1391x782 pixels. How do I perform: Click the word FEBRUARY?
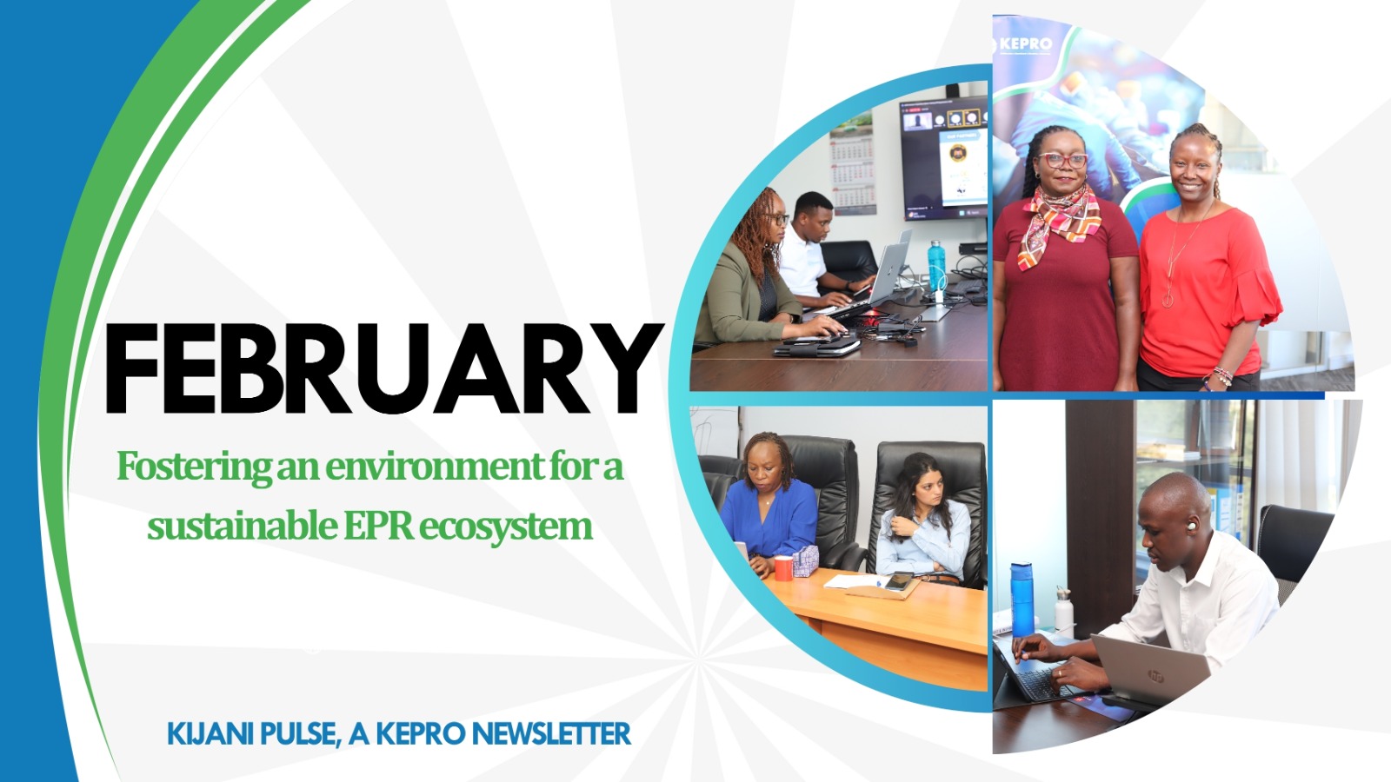tap(383, 369)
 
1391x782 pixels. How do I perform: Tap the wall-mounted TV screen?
tap(943, 156)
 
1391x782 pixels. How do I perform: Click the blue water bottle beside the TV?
tap(935, 264)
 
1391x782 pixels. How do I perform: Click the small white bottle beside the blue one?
tap(1063, 612)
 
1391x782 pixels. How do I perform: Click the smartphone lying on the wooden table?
tap(900, 580)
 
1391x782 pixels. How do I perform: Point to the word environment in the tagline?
tap(435, 467)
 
